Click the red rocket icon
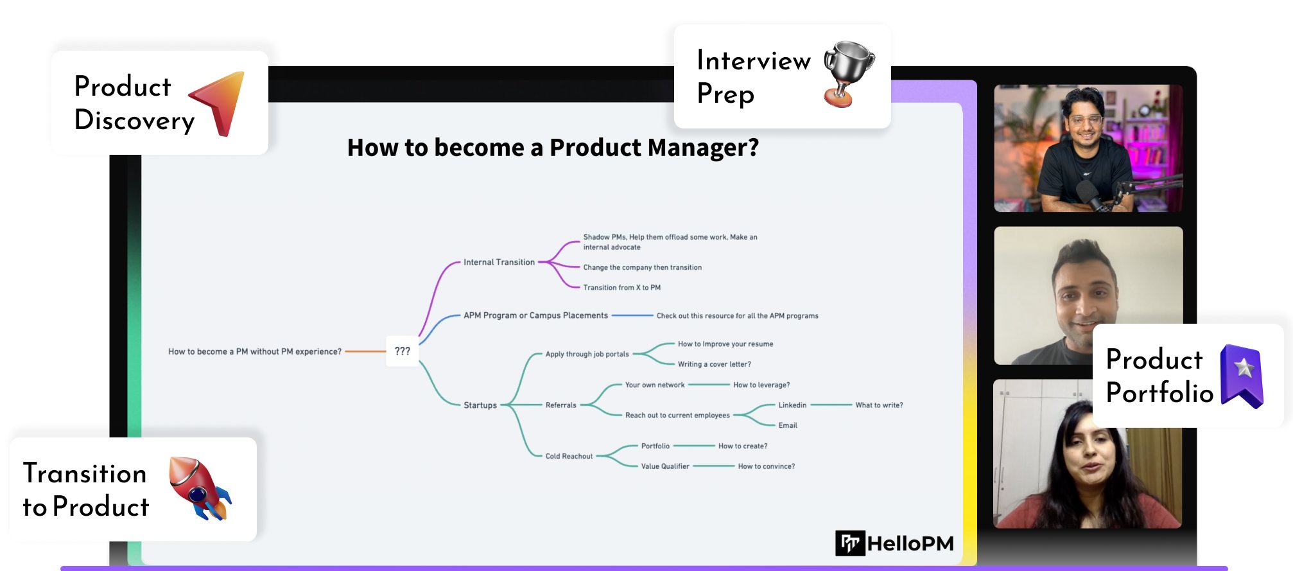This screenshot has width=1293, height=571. point(199,488)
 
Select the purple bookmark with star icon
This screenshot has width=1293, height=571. point(1242,376)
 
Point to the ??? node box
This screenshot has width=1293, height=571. point(402,351)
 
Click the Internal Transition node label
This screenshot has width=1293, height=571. point(499,262)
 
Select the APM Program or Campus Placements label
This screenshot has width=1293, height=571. point(535,315)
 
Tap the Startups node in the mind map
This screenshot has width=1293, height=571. point(480,405)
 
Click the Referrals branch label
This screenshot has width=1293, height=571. point(560,405)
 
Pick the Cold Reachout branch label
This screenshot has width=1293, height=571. point(569,456)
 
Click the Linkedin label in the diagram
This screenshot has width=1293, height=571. point(792,405)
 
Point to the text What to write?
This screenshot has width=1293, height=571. point(879,405)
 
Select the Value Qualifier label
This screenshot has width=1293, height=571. point(664,466)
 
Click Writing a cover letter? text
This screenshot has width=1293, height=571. point(714,364)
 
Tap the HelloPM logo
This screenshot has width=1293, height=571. point(894,543)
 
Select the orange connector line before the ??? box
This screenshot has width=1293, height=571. point(365,351)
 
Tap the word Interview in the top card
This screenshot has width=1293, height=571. point(754,61)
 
